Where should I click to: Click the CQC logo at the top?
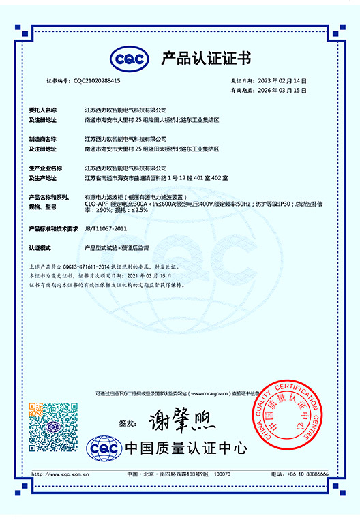(x=130, y=59)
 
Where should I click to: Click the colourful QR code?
(x=48, y=423)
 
